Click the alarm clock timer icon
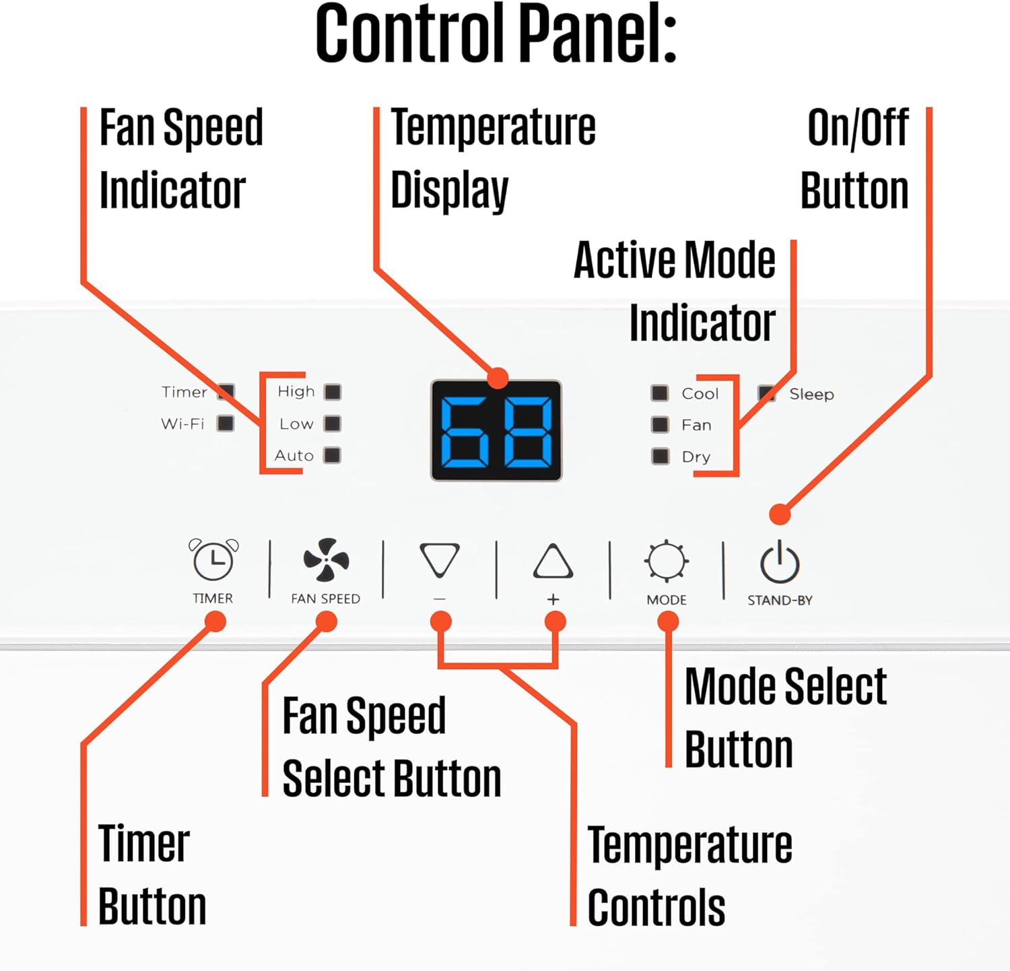click(x=213, y=560)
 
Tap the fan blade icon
click(x=326, y=560)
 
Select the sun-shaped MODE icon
click(x=667, y=561)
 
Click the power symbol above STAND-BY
click(x=780, y=562)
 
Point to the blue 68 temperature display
click(x=496, y=430)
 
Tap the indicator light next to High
click(x=333, y=392)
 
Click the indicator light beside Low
click(x=333, y=424)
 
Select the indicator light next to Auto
click(x=333, y=455)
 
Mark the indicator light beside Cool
click(x=660, y=393)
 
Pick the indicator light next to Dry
click(x=661, y=457)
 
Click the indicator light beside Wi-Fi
click(x=226, y=424)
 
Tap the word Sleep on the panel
click(x=811, y=394)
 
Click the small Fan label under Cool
click(x=696, y=425)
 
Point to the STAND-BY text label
click(x=780, y=600)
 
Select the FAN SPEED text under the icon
click(x=326, y=599)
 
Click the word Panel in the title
click(x=599, y=34)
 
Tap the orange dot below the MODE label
click(x=668, y=622)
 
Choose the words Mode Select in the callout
click(x=785, y=687)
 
